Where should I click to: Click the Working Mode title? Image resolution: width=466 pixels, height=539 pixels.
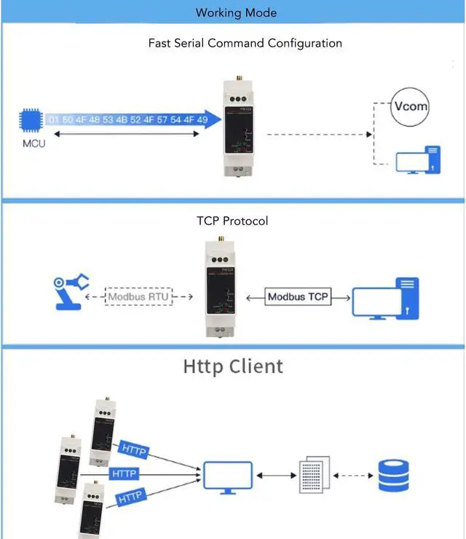[237, 12]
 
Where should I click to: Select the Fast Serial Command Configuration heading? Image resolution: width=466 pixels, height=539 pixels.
[245, 43]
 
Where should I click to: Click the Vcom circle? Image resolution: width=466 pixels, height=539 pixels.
[410, 106]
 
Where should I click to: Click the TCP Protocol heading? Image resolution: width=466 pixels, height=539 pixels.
[232, 220]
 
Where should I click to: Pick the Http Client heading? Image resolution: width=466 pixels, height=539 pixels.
[232, 366]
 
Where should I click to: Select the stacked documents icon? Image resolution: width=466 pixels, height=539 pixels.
[315, 474]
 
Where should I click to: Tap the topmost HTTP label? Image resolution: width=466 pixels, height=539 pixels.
[133, 449]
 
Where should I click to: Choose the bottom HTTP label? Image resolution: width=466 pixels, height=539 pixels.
[129, 498]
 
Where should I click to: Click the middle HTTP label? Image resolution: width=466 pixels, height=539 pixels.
[123, 473]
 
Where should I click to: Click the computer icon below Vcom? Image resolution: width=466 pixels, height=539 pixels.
[418, 160]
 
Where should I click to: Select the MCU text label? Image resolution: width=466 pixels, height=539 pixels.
[33, 143]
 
